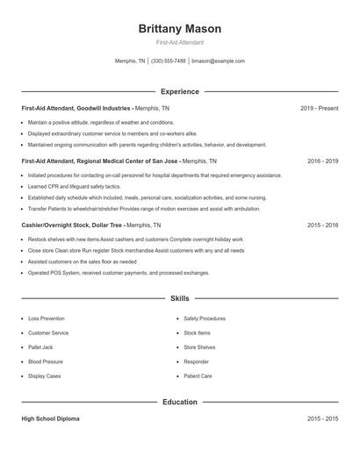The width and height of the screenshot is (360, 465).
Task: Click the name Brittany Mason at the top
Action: (180, 29)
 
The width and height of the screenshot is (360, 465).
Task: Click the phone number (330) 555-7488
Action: (169, 61)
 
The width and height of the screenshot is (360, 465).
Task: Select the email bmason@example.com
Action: (218, 61)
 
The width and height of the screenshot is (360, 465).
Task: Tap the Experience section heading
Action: (180, 91)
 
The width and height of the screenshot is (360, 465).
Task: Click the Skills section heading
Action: (180, 299)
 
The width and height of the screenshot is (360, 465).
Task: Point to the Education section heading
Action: (180, 402)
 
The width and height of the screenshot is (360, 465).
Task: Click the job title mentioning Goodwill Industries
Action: (77, 108)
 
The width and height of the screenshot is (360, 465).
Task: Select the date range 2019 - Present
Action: (319, 108)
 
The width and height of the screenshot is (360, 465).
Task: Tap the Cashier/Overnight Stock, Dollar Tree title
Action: (76, 225)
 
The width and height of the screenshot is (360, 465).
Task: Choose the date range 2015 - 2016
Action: (322, 225)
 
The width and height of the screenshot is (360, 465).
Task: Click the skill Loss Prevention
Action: (47, 318)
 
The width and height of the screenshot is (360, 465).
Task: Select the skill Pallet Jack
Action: (40, 347)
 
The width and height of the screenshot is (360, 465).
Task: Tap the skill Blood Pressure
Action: (46, 361)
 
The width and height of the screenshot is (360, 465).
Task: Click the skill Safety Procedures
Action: (205, 318)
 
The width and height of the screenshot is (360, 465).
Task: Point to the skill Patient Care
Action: (198, 376)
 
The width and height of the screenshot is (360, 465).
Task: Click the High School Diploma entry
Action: (51, 419)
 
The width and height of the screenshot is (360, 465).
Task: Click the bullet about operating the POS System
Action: (119, 273)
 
